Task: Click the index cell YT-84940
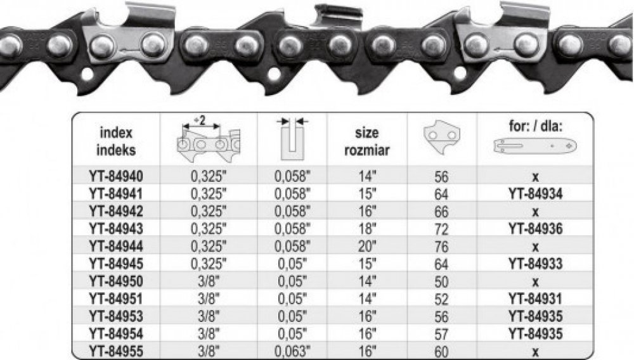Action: click(116, 177)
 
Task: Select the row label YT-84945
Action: click(116, 264)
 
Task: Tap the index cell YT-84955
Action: click(116, 351)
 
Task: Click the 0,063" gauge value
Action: click(292, 351)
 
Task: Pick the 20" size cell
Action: click(367, 246)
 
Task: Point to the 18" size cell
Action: click(367, 229)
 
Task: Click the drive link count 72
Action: click(441, 229)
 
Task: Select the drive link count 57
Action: click(441, 334)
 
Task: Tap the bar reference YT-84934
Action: click(535, 194)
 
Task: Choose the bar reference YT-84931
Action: click(535, 299)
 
